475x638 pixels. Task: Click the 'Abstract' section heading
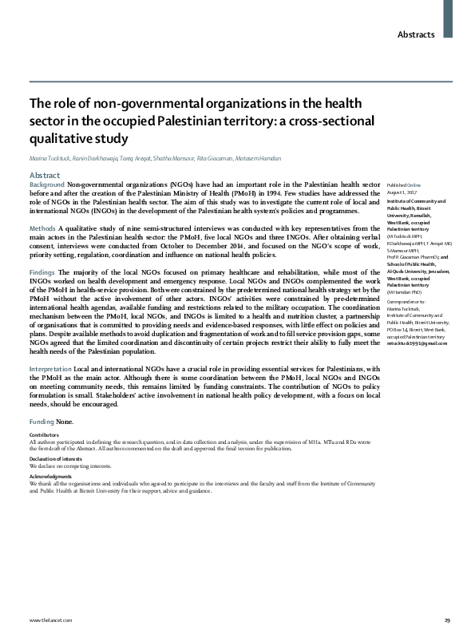(45, 175)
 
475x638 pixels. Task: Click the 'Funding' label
(42, 420)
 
